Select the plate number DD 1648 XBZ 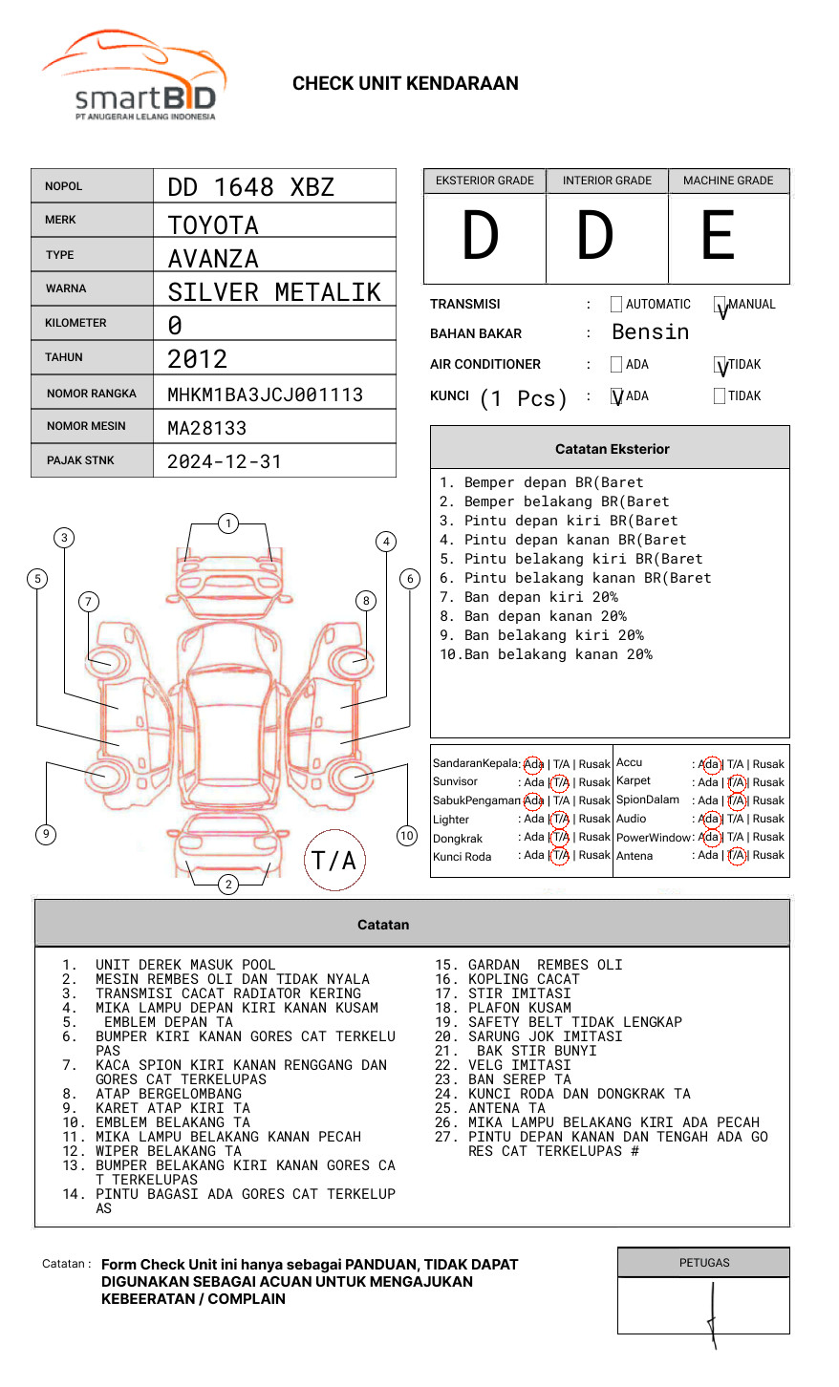tap(250, 187)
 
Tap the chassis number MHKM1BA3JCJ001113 tap(265, 395)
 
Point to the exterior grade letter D tap(481, 236)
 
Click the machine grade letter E tap(719, 236)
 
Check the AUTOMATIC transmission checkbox tap(616, 305)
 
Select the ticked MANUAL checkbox tap(720, 306)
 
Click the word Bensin tap(650, 332)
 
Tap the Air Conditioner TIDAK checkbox tap(720, 365)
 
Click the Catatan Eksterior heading tap(612, 449)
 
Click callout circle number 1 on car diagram tap(227, 523)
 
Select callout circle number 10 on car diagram tap(407, 836)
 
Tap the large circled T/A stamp tap(334, 860)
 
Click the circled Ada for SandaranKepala tap(533, 764)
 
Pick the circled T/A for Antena tap(736, 856)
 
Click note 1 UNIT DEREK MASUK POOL tap(184, 965)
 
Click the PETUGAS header tap(704, 1263)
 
